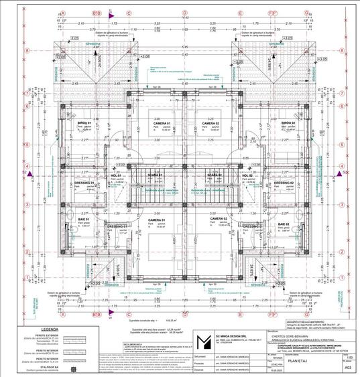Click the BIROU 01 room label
pos(83,123)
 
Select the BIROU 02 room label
pos(288,123)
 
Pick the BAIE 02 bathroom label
pos(282,224)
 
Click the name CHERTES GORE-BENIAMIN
pos(286,335)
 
